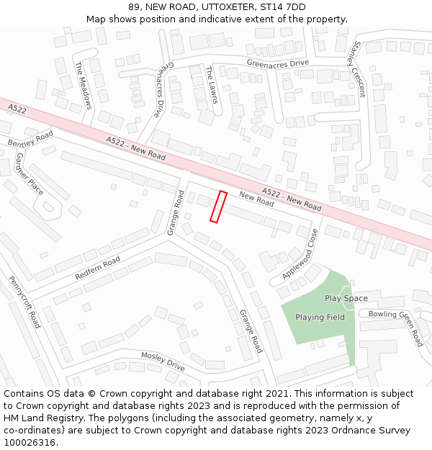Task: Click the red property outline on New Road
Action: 218,207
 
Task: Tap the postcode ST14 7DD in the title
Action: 282,7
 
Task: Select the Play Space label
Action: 346,298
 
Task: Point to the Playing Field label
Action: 320,318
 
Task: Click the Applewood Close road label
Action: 300,254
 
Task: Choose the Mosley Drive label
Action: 163,361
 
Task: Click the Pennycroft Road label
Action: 24,302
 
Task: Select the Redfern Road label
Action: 97,269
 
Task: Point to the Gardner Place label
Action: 30,174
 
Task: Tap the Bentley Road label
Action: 31,140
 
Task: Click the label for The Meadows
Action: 84,85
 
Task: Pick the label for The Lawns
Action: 211,84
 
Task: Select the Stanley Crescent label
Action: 356,69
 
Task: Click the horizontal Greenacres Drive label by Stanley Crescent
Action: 277,63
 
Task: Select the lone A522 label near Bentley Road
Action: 17,109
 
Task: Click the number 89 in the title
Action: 134,7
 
